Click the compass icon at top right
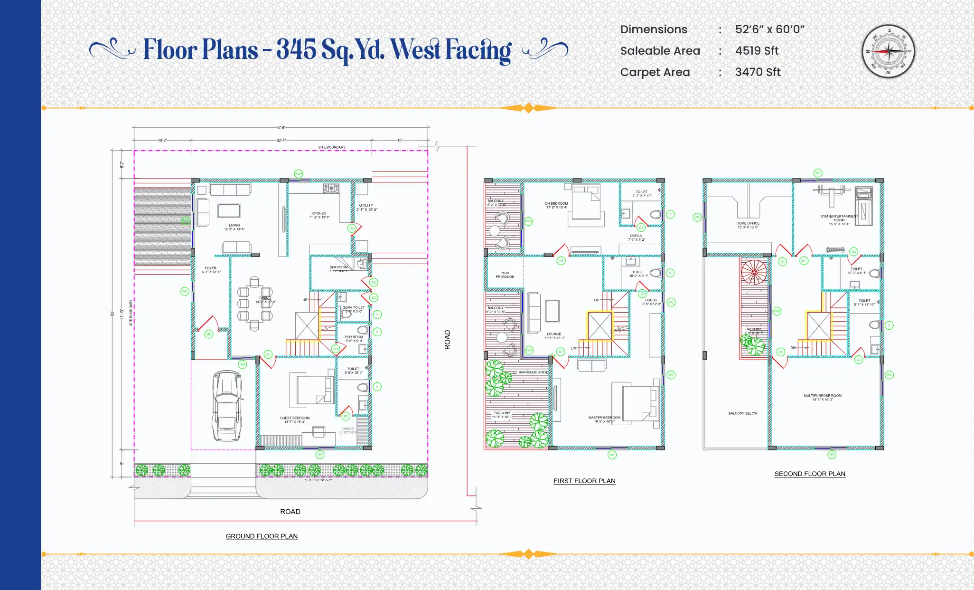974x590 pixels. click(888, 51)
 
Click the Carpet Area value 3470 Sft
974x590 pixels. click(758, 72)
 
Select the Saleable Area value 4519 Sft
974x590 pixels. click(757, 51)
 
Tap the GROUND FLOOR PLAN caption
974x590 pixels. click(262, 536)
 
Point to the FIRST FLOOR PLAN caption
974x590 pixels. click(584, 481)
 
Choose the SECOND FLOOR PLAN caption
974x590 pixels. click(810, 474)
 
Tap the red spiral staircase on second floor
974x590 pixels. click(754, 272)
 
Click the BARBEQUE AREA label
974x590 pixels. click(533, 372)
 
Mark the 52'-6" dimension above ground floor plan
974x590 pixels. click(281, 127)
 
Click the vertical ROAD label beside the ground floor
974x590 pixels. click(447, 340)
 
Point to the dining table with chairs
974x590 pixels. click(255, 303)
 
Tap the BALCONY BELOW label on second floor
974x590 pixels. click(743, 413)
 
